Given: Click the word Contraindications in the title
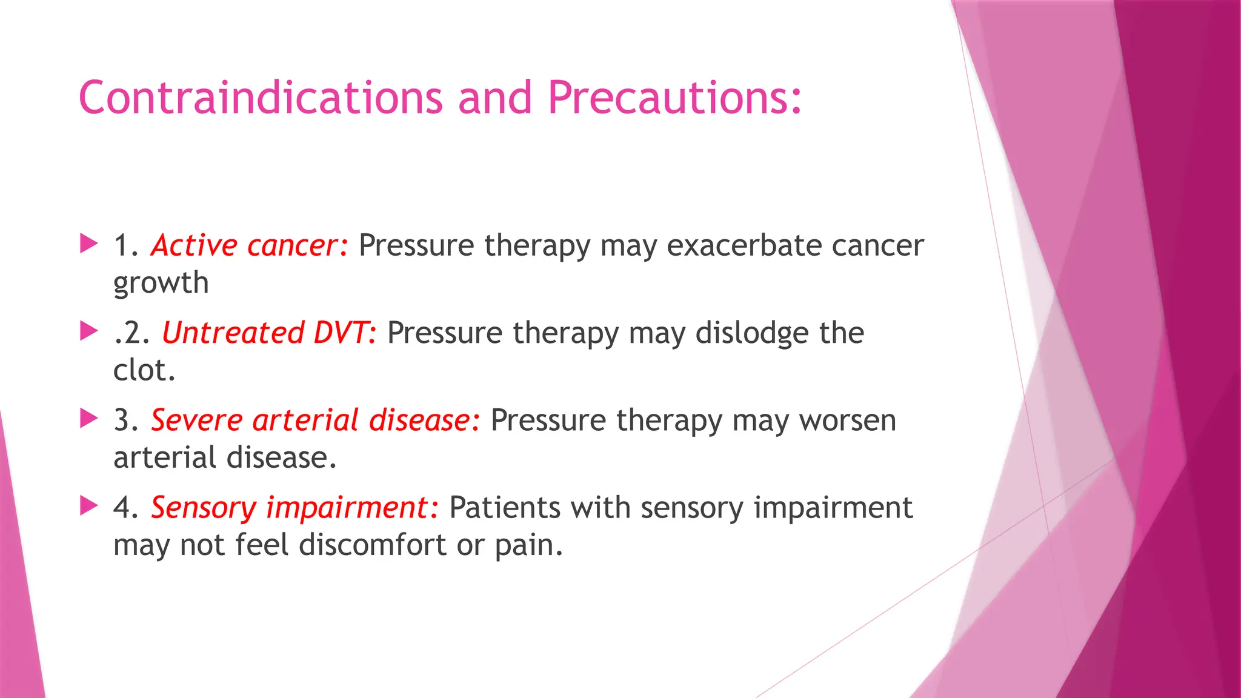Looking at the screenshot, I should coord(261,98).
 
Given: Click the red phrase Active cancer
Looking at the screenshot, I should coord(249,245).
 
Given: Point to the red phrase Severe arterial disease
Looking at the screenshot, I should coord(315,420).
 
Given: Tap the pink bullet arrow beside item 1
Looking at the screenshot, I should coord(88,244).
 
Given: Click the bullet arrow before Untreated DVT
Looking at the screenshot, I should coord(88,331).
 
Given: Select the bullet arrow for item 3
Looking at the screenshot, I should coord(88,419).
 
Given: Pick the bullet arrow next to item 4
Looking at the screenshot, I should coord(88,506).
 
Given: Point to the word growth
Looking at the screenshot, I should coord(161,284).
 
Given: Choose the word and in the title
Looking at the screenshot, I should coord(494,98).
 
